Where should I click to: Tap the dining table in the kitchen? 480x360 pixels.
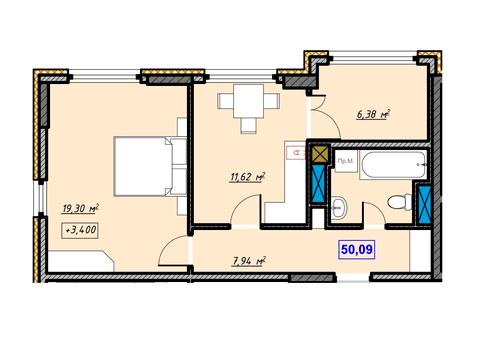pos(250,102)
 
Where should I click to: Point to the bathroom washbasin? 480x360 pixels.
pos(339,209)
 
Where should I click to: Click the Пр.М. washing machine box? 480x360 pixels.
pos(342,162)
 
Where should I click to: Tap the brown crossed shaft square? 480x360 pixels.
pos(320,154)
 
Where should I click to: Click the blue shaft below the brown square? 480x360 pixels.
pos(320,184)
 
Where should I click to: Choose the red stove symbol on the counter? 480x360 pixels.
pos(294,154)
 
